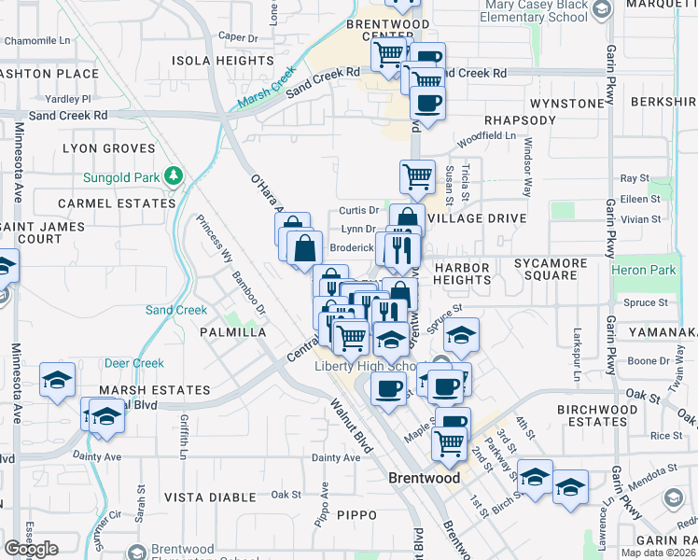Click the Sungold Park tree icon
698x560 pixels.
pos(173,175)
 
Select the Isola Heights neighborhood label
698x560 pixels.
pos(222,61)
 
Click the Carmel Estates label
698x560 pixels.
pos(116,203)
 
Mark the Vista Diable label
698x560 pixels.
pos(210,497)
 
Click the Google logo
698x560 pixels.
pos(31,548)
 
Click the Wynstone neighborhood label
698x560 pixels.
pos(567,103)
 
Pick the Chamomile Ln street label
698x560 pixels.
pos(37,41)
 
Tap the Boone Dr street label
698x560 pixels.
pos(643,361)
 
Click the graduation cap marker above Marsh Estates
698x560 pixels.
pos(58,379)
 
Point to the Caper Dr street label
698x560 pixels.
pos(237,38)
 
